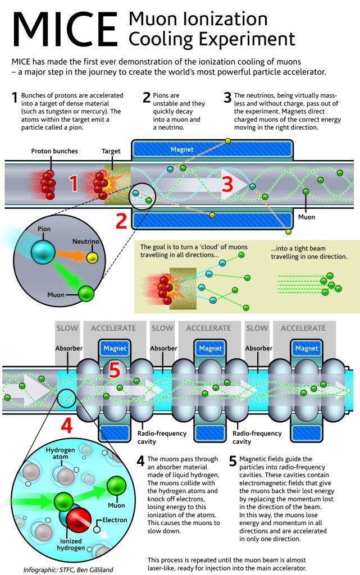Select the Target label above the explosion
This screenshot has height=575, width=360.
tap(111, 151)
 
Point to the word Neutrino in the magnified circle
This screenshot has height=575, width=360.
tap(86, 241)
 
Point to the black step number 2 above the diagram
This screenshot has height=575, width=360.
tap(147, 98)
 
